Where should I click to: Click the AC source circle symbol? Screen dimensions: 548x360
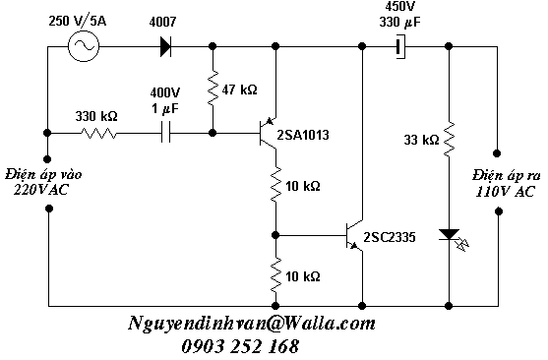[x=84, y=46]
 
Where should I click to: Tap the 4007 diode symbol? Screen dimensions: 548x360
[x=165, y=46]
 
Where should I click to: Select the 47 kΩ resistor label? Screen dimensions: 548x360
[x=239, y=90]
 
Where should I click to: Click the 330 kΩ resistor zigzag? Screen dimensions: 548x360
[x=99, y=133]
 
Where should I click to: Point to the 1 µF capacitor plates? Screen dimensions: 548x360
[x=166, y=133]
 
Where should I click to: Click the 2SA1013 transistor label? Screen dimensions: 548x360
[x=303, y=135]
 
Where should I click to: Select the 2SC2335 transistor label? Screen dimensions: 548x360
[x=390, y=237]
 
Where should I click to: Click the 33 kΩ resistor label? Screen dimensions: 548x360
[x=421, y=140]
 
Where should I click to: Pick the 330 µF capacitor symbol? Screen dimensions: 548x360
[x=400, y=46]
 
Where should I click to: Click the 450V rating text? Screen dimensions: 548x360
[x=399, y=6]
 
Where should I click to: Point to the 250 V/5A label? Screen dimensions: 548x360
[x=78, y=21]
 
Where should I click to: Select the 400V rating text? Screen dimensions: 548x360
[x=165, y=93]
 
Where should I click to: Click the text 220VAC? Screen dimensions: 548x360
[x=41, y=190]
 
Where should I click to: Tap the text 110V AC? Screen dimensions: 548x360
[x=505, y=191]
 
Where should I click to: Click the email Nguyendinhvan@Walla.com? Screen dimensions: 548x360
[x=252, y=324]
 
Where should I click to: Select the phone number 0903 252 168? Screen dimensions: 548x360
[x=240, y=346]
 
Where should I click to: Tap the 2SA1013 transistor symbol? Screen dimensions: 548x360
[x=268, y=133]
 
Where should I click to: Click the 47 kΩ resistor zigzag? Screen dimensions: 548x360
[x=213, y=89]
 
